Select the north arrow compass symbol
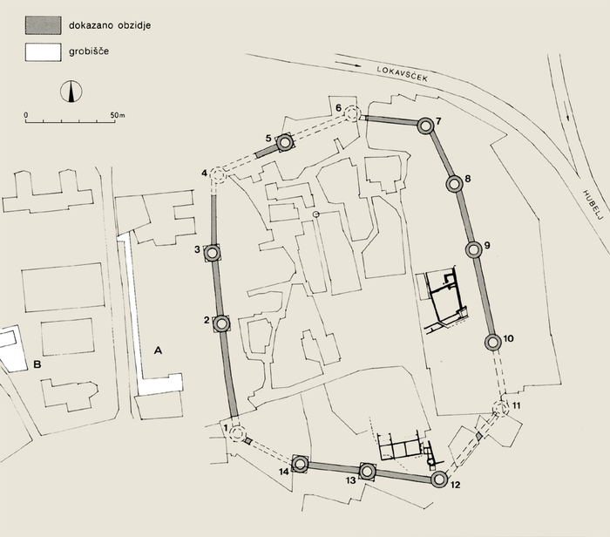point(71,92)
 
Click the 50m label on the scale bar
point(118,115)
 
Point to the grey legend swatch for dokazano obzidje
point(44,25)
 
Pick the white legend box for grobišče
point(44,52)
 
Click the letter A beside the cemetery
point(158,350)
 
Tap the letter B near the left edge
point(37,364)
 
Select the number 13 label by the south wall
point(351,480)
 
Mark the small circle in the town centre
point(316,214)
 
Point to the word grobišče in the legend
point(89,51)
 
